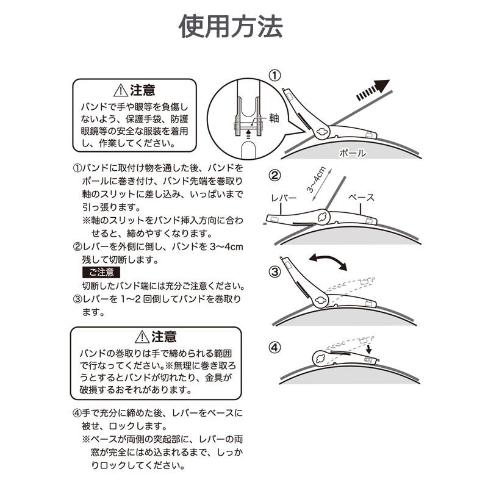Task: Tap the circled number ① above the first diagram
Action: pyautogui.click(x=275, y=75)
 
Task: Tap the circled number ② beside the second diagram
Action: pyautogui.click(x=275, y=176)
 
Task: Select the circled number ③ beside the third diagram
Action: pyautogui.click(x=275, y=271)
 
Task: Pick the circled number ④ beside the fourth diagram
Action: pyautogui.click(x=275, y=348)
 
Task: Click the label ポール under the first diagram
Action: pyautogui.click(x=353, y=154)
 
